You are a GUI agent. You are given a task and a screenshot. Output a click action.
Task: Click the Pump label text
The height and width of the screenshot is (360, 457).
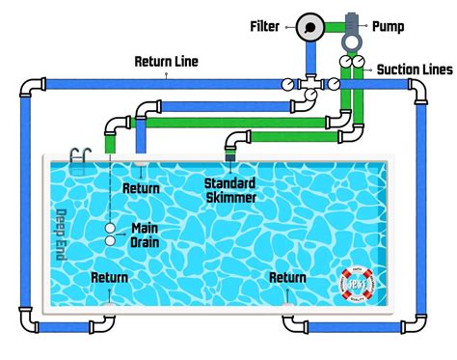387,26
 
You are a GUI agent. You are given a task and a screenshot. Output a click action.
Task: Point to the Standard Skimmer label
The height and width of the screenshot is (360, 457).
229,190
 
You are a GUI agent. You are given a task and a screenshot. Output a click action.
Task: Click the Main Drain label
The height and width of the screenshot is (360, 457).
144,235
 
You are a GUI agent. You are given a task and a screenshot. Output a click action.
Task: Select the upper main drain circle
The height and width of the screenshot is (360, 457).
112,228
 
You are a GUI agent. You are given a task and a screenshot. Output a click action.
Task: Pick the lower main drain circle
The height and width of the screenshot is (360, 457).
112,240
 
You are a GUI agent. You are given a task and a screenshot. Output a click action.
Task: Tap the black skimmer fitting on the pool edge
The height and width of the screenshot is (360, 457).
231,152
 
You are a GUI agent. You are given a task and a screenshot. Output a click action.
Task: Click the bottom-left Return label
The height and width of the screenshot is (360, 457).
110,278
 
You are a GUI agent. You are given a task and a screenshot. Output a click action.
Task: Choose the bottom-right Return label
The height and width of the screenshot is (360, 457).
288,278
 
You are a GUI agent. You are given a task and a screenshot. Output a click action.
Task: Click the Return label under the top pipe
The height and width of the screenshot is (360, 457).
141,187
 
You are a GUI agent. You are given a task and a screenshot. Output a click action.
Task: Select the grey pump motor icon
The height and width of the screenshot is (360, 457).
350,29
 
